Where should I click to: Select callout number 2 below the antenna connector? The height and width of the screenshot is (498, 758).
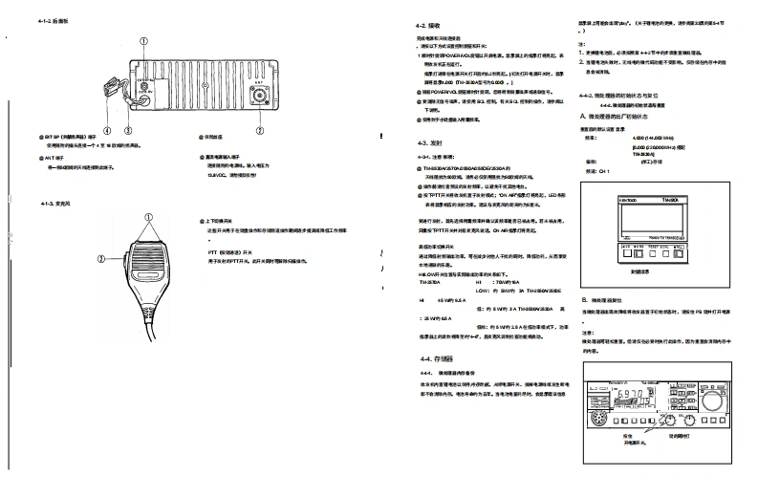tap(259, 129)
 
